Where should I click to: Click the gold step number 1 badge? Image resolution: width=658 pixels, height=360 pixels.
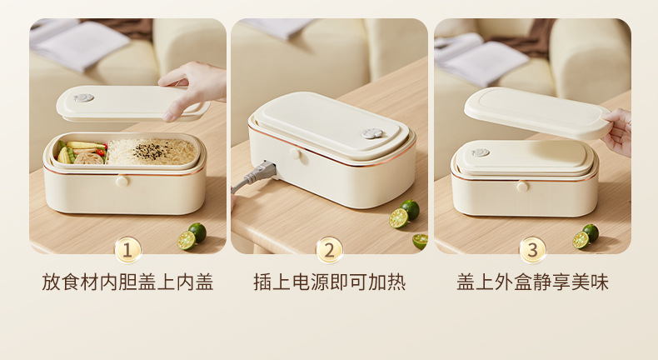coord(127,249)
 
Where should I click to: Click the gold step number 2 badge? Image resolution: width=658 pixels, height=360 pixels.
coord(330,249)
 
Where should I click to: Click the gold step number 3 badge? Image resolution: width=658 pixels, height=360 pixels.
coord(532,249)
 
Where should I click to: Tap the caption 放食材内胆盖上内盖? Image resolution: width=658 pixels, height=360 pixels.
coord(127,282)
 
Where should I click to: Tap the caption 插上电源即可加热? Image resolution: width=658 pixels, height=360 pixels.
coord(330,282)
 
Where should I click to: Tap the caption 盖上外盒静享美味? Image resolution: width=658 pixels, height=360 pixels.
coord(532,282)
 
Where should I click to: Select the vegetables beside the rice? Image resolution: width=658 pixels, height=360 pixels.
coord(83,152)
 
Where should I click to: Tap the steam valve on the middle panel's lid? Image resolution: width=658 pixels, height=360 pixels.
coord(371,133)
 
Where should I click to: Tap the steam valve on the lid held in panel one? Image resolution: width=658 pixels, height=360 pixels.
coord(83,97)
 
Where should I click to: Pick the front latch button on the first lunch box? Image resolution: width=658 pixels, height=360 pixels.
coord(122,181)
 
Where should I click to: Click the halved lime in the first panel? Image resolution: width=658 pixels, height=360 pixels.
coord(187,240)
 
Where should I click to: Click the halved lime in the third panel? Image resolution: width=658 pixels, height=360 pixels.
coord(581,240)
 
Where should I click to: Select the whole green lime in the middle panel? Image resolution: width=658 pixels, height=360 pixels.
coord(410,208)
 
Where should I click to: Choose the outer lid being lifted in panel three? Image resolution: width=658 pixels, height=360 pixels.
coord(537,112)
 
